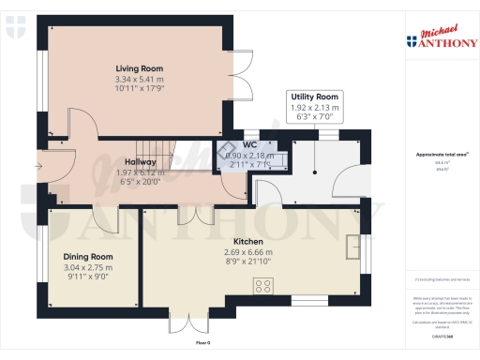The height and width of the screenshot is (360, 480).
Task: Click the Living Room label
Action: pyautogui.click(x=140, y=69)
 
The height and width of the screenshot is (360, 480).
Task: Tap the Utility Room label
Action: pyautogui.click(x=315, y=97)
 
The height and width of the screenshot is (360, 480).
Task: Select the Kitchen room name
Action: pyautogui.click(x=248, y=241)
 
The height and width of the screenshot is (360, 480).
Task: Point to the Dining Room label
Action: pyautogui.click(x=88, y=256)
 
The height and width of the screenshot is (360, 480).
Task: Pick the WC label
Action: pyautogui.click(x=249, y=144)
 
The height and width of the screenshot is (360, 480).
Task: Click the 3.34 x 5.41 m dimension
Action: pyautogui.click(x=140, y=80)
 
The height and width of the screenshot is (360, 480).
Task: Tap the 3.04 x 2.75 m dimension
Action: pyautogui.click(x=88, y=267)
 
